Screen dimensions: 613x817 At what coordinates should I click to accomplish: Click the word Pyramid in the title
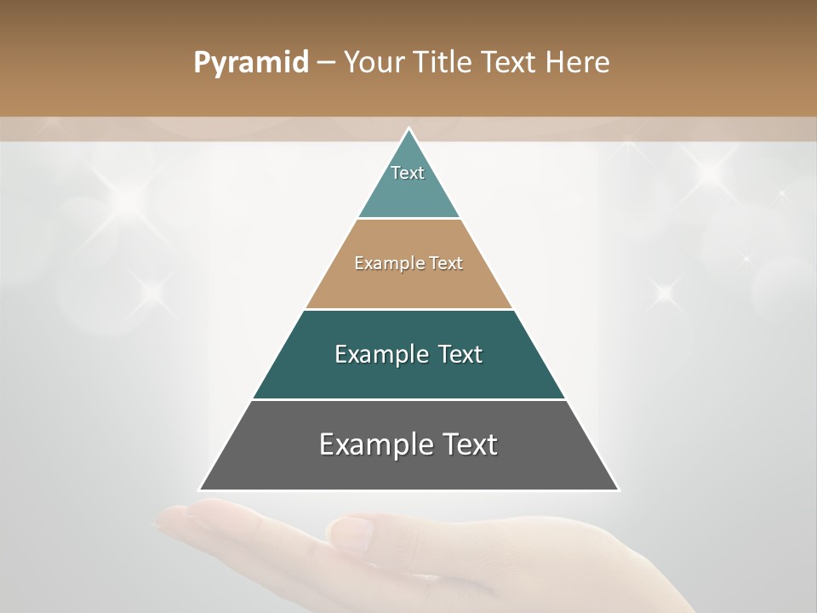(x=251, y=63)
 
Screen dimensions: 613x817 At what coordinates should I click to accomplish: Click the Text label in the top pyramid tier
(x=408, y=173)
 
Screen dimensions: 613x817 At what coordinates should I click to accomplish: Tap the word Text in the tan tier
(x=446, y=263)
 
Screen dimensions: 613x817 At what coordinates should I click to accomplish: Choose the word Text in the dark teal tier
(x=460, y=354)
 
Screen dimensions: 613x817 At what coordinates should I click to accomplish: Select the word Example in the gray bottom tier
(x=374, y=444)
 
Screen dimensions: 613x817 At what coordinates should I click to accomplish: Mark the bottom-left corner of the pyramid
(x=200, y=490)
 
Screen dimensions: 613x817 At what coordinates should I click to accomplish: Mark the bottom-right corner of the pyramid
(x=618, y=490)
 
